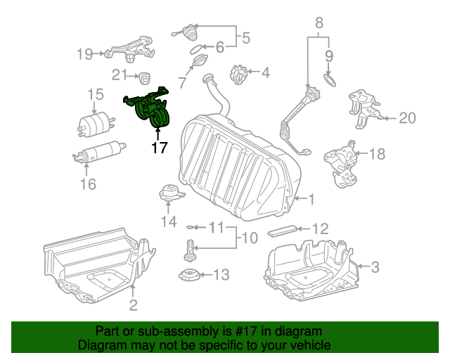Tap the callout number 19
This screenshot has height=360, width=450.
[84, 53]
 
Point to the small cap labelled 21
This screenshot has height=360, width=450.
[145, 77]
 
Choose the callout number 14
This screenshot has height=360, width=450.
[168, 223]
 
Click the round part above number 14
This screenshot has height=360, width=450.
[169, 193]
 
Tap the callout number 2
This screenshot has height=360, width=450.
[133, 304]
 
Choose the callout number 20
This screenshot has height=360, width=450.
[407, 118]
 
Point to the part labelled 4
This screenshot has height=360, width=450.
[239, 72]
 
